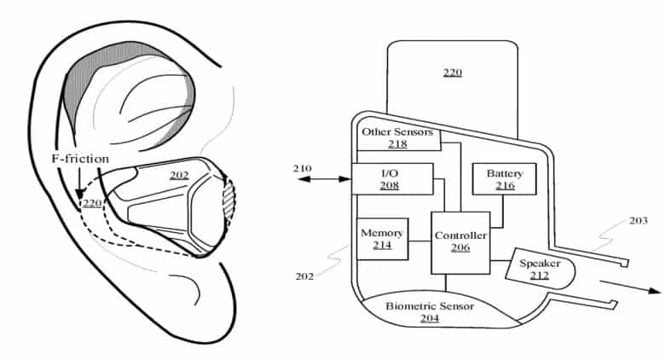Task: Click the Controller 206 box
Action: point(460,242)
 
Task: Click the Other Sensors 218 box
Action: point(397,138)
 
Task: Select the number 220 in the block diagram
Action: point(453,73)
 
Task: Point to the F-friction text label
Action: point(78,160)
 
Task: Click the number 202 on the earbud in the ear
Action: point(178,176)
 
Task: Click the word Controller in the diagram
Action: point(460,235)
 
